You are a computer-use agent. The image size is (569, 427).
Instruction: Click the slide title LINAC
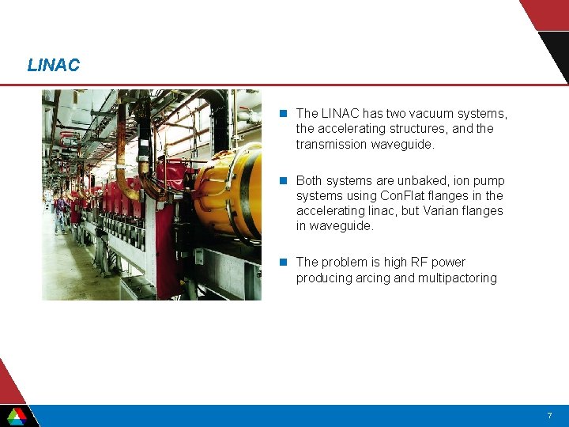click(53, 66)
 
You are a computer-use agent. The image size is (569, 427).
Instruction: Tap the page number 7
click(549, 416)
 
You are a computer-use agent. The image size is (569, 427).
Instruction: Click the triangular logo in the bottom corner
click(16, 414)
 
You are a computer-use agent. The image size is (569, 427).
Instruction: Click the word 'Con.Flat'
click(400, 195)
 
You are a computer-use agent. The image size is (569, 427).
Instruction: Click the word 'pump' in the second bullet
click(490, 180)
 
